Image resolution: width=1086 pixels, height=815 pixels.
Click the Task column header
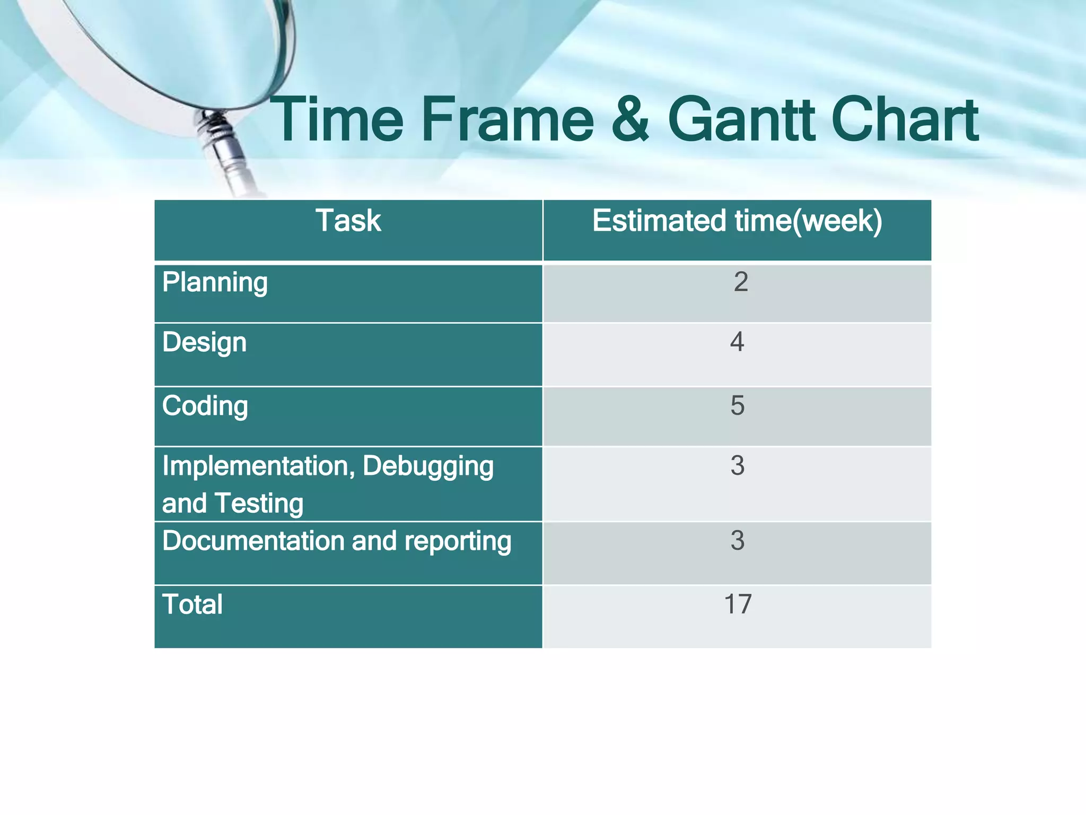click(348, 221)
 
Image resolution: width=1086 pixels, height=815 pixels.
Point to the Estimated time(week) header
click(737, 221)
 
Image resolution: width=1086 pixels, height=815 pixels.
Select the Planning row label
click(215, 282)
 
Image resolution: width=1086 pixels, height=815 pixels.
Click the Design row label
click(204, 342)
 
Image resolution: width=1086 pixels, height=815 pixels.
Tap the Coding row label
click(205, 406)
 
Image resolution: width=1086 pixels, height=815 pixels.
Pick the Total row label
click(192, 604)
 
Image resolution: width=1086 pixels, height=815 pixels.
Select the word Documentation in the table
click(254, 541)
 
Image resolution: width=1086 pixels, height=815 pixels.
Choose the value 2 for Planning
click(741, 282)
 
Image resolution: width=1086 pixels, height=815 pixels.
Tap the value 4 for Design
click(737, 342)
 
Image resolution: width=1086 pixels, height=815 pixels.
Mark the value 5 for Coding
click(737, 406)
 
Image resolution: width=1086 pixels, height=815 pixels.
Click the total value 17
click(738, 604)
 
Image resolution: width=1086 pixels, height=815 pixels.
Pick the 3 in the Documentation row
click(737, 541)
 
